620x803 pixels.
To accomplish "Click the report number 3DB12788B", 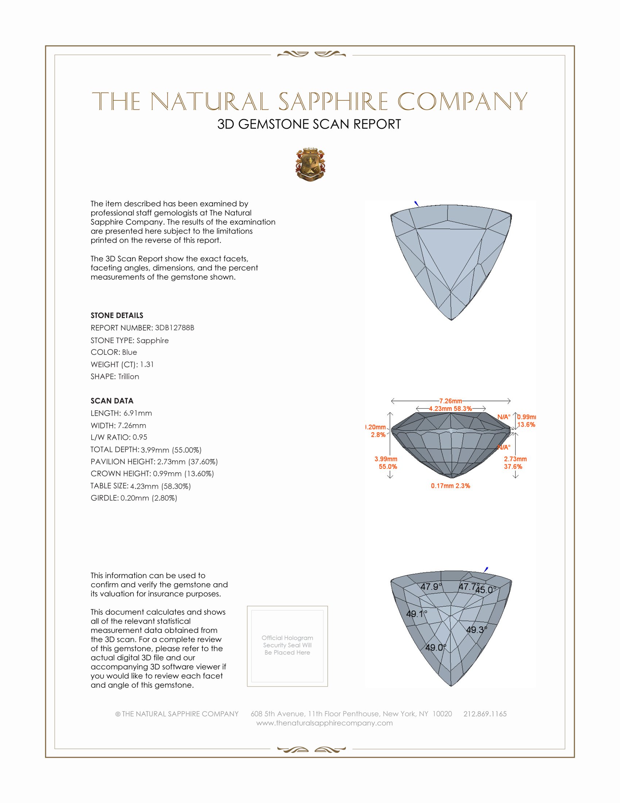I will (174, 328).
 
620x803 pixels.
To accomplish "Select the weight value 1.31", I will (147, 364).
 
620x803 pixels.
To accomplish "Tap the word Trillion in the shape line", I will (128, 377).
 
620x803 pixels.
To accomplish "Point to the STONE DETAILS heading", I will (117, 315).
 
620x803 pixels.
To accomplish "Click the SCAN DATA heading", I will (112, 401).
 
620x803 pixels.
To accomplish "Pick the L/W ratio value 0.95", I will (140, 437).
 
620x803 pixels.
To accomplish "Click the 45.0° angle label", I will (486, 590).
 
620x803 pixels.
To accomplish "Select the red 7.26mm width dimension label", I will (451, 401).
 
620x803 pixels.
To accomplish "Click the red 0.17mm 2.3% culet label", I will (450, 486).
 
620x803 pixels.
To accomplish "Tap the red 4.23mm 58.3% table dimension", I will (450, 408).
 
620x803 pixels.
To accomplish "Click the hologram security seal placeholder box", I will (287, 646).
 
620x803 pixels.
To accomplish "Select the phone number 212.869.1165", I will (485, 714).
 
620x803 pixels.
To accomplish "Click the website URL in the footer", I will (324, 723).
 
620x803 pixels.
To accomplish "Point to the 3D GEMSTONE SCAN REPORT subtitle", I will (309, 124).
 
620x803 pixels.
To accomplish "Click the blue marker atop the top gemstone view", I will (416, 203).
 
